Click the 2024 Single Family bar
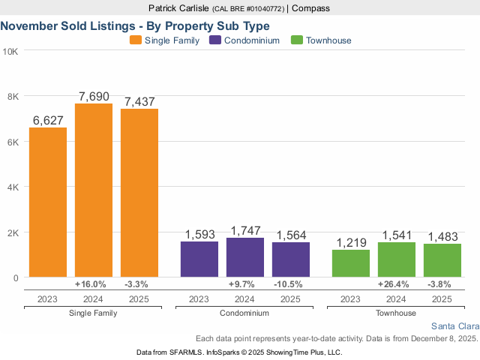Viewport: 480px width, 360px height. pos(94,190)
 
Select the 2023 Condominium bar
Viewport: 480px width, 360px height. pos(199,259)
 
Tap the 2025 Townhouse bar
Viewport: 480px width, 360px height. pos(442,260)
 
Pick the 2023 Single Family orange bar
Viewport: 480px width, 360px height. pos(48,202)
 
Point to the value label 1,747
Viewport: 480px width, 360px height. pos(244,230)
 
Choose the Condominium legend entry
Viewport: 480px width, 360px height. pos(244,40)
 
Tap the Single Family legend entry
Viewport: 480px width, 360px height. pos(164,40)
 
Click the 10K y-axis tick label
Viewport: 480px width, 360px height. pos(11,51)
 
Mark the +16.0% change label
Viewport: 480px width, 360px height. pos(91,284)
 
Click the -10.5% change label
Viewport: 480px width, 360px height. pos(289,284)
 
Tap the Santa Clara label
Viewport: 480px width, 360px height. pos(456,326)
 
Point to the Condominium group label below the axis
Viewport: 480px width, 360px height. pos(244,311)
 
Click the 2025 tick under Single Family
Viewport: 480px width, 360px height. pos(139,298)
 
